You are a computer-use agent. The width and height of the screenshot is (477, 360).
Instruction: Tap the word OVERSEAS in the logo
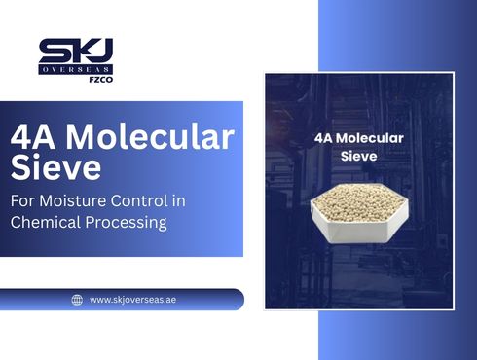[75, 70]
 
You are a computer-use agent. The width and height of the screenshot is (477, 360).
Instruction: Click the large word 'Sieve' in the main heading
[55, 167]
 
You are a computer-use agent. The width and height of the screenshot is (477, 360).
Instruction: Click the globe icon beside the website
[77, 300]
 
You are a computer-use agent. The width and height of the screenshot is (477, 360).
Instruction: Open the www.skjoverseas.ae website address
[133, 300]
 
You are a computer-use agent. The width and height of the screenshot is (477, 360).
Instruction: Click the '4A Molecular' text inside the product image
[359, 139]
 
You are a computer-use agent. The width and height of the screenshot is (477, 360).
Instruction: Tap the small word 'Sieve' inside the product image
[359, 156]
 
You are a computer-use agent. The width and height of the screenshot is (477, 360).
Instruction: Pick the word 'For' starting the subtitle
[20, 201]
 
